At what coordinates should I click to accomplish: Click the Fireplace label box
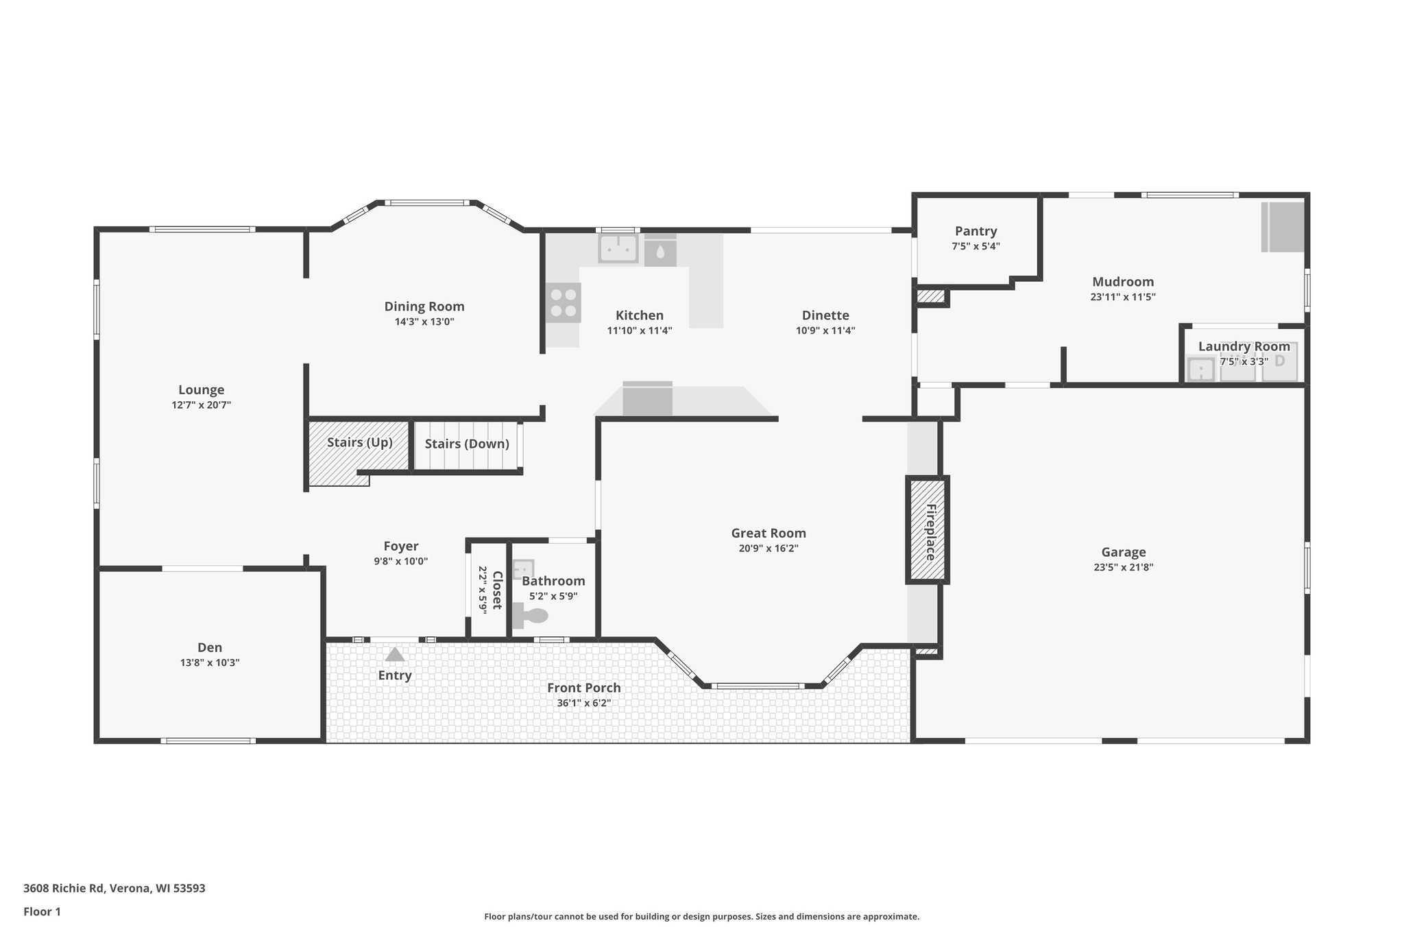928,530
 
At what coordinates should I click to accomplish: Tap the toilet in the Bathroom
531,615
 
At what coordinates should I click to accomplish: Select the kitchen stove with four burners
564,303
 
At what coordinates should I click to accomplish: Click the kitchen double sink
618,248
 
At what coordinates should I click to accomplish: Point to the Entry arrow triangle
395,654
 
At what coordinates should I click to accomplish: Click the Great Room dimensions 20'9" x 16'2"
768,549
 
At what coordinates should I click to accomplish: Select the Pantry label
976,231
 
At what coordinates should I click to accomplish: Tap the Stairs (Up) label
359,442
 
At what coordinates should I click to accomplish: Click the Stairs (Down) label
467,444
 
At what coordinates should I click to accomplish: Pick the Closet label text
497,590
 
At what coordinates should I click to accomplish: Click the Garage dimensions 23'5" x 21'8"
1123,567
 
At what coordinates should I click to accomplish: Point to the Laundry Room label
1244,346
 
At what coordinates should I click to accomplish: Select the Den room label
210,647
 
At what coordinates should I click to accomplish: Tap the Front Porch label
583,688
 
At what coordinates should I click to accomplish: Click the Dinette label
825,315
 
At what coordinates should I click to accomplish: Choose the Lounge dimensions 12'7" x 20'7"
201,405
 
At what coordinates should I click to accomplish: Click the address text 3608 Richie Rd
114,888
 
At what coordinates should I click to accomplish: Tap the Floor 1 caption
42,911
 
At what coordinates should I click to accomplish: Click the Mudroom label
1123,282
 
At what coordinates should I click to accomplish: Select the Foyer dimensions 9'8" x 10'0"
400,561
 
